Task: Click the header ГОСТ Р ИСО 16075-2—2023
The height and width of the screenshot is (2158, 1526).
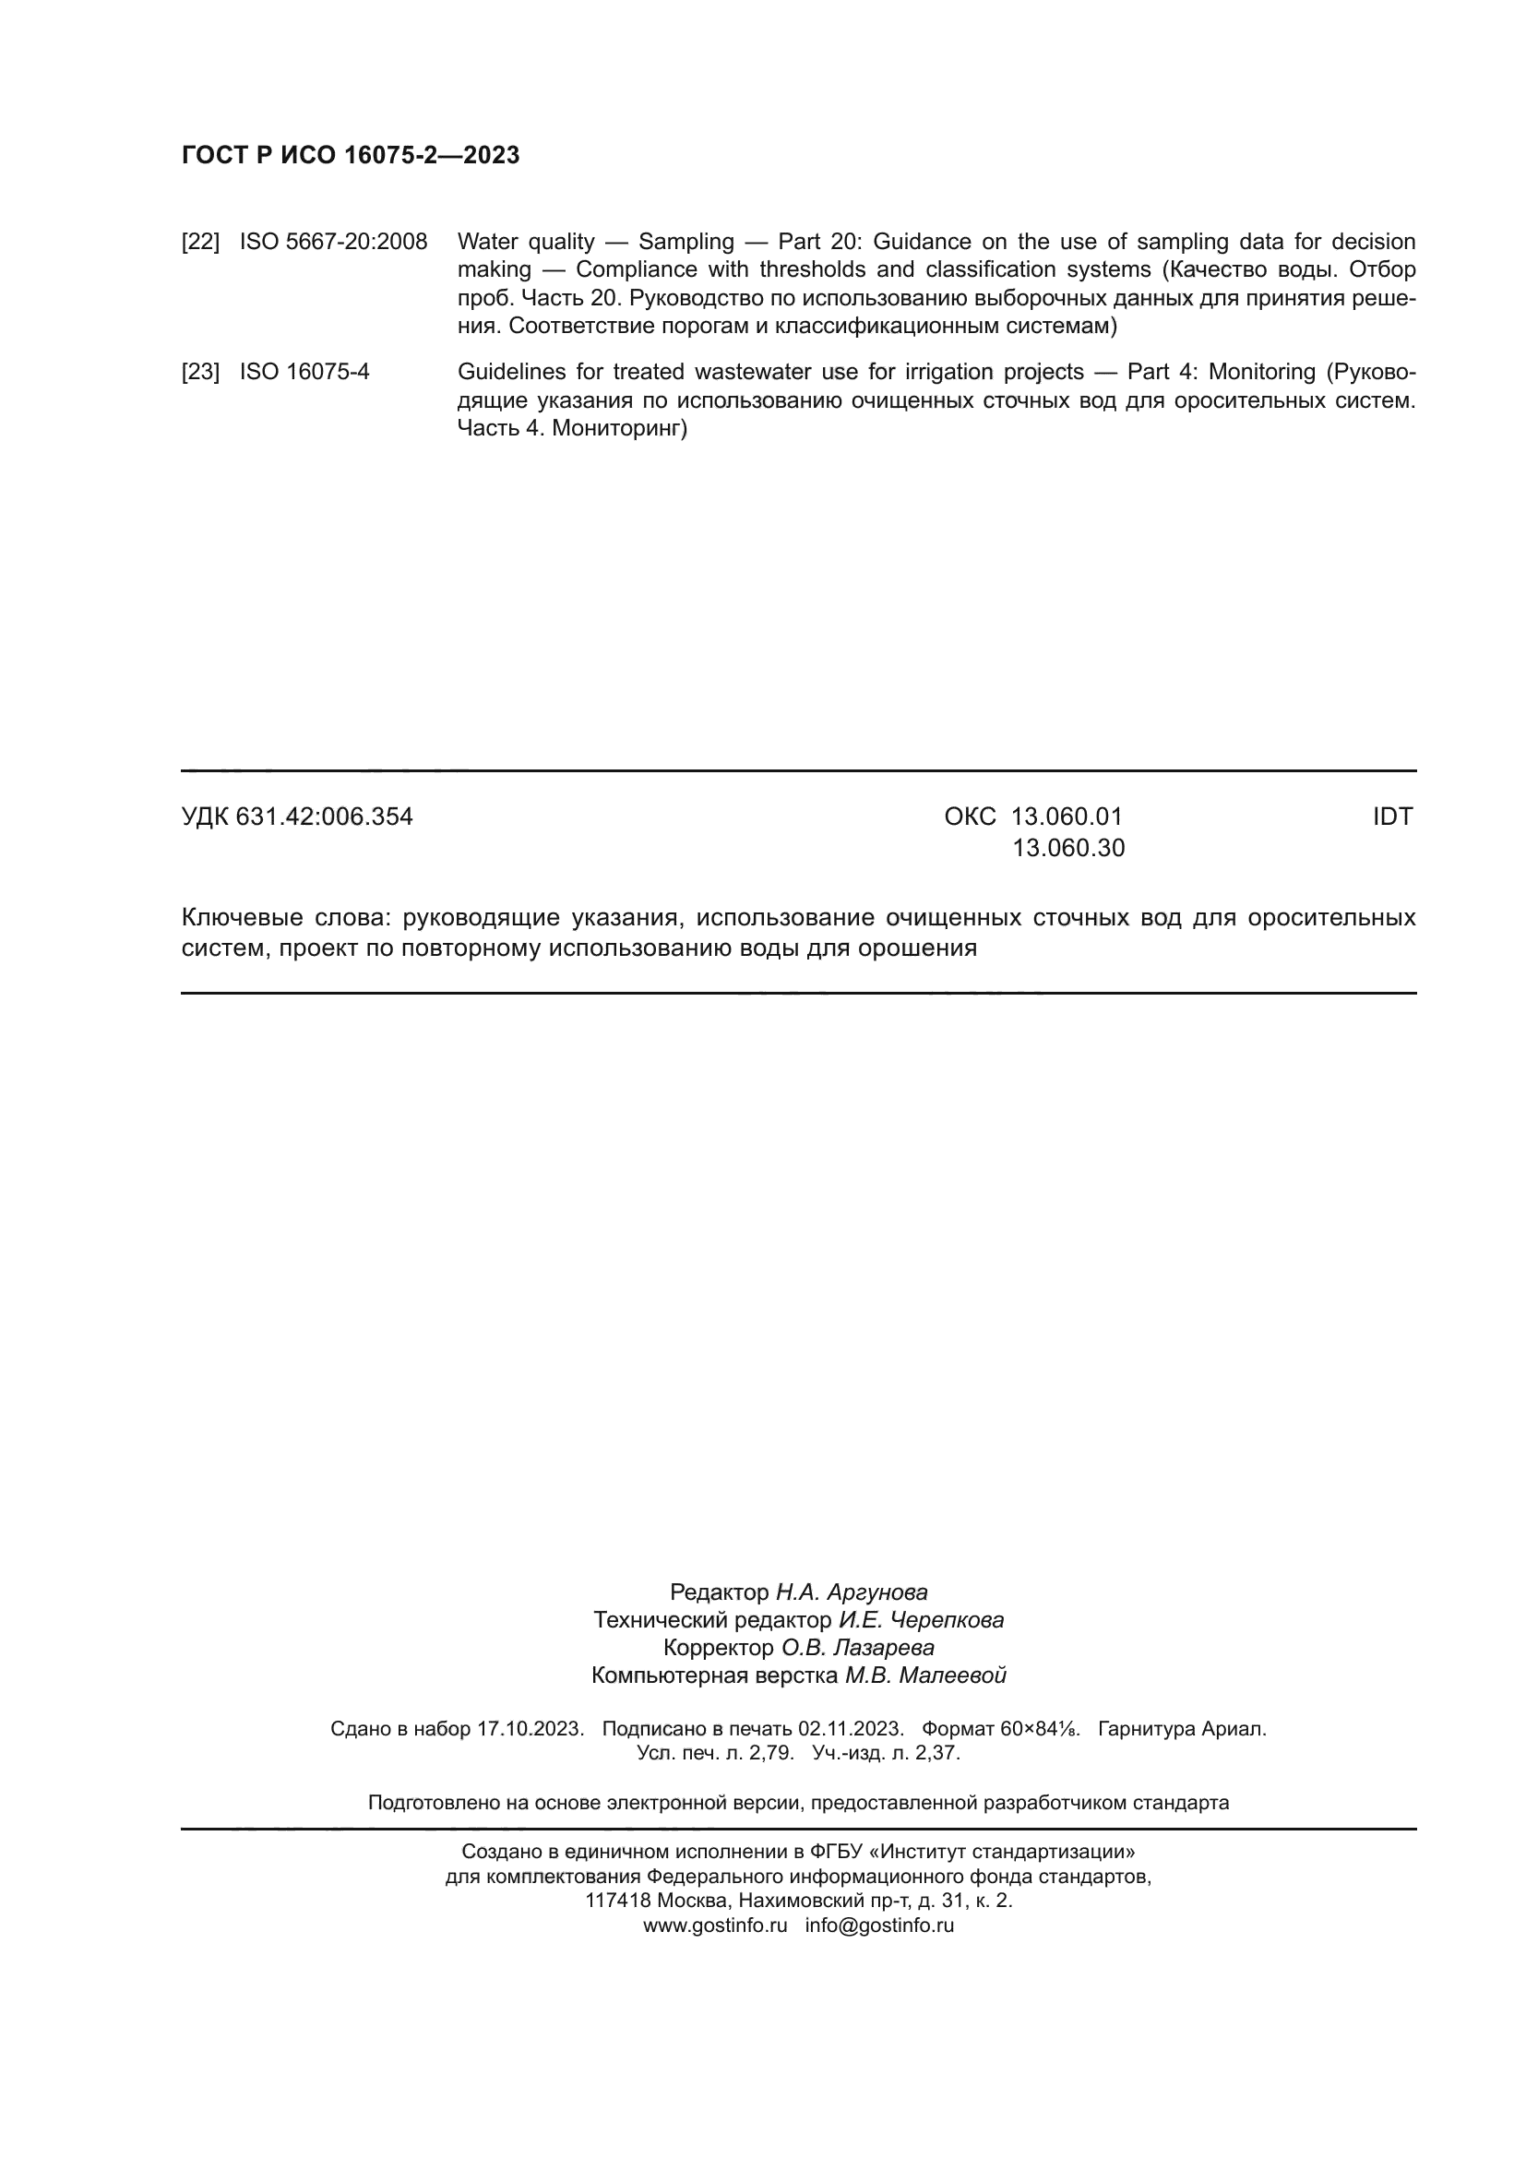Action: click(350, 156)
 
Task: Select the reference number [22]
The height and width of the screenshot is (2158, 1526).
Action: click(200, 243)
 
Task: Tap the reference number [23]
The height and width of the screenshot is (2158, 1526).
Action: click(200, 372)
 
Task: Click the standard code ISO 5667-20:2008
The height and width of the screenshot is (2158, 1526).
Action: click(333, 243)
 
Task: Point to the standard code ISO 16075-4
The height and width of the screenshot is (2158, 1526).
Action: click(304, 372)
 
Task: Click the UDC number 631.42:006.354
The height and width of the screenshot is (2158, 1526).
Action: click(324, 817)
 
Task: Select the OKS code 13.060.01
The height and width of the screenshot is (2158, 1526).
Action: click(1067, 817)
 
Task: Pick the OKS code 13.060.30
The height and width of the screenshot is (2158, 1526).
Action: click(1067, 849)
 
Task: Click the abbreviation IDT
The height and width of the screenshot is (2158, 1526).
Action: click(1391, 817)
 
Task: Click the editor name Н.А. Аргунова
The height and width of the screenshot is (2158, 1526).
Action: click(852, 1592)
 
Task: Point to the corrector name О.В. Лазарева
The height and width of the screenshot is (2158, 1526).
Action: click(858, 1648)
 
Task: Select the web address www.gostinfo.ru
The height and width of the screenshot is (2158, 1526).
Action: click(715, 1925)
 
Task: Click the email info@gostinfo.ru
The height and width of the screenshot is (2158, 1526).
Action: click(879, 1925)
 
